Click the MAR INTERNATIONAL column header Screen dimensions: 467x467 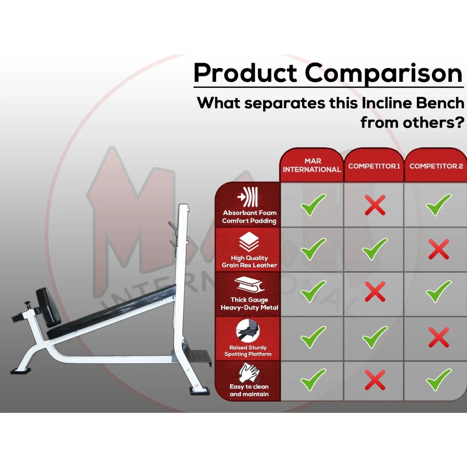pyautogui.click(x=312, y=165)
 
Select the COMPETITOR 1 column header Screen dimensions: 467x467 pyautogui.click(x=374, y=166)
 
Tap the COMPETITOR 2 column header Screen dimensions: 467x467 pyautogui.click(x=436, y=166)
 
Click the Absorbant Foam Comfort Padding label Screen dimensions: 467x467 pyautogui.click(x=249, y=217)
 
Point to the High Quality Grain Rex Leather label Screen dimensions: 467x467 pyautogui.click(x=249, y=261)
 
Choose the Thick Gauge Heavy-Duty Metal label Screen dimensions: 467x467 pyautogui.click(x=249, y=303)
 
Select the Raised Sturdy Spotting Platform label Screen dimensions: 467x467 pyautogui.click(x=248, y=351)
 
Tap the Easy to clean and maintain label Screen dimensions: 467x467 pyautogui.click(x=249, y=390)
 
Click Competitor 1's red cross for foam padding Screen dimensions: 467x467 pyautogui.click(x=375, y=205)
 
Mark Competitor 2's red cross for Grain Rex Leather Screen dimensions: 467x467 pyautogui.click(x=439, y=249)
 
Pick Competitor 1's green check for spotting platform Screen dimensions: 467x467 pyautogui.click(x=375, y=337)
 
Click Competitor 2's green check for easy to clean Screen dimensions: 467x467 pyautogui.click(x=439, y=380)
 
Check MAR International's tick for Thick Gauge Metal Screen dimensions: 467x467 pyautogui.click(x=313, y=292)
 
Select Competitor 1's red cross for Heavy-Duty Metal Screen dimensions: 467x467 pyautogui.click(x=375, y=292)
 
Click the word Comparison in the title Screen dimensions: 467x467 pyautogui.click(x=384, y=73)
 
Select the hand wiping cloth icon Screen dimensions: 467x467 pyautogui.click(x=249, y=373)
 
